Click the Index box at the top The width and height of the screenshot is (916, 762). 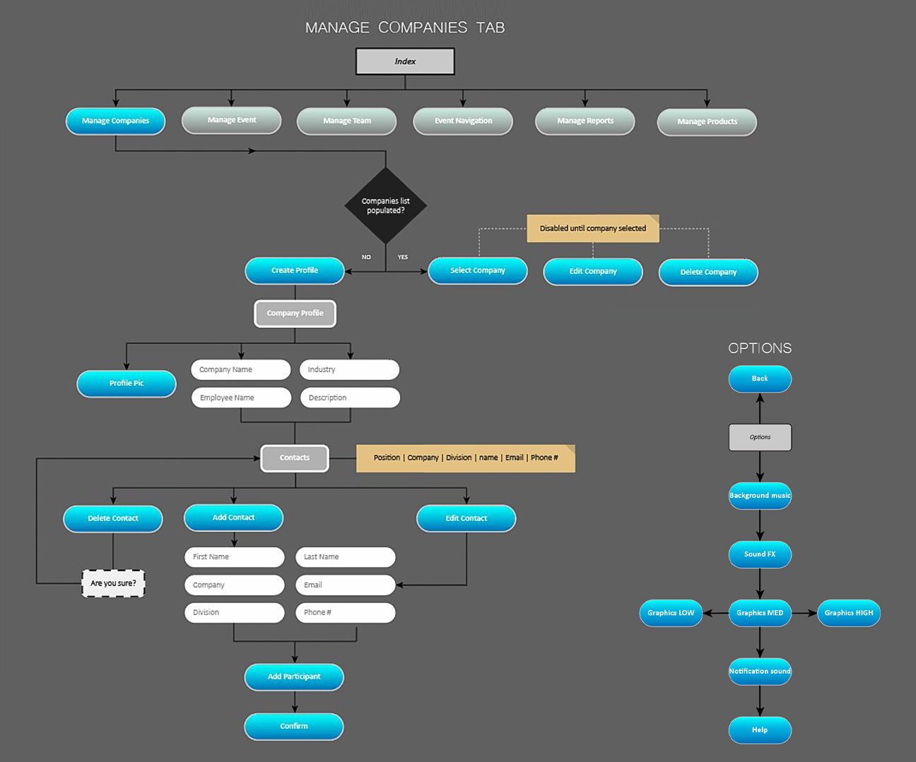click(405, 61)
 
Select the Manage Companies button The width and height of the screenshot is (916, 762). click(115, 121)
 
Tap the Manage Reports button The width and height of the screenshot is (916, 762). click(585, 121)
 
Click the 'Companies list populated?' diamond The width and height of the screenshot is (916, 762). click(386, 206)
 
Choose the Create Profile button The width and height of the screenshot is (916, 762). click(295, 270)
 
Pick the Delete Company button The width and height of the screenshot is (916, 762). click(708, 272)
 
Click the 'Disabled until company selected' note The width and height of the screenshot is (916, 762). click(593, 228)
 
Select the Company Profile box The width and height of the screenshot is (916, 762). click(295, 314)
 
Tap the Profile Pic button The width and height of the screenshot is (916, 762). click(127, 383)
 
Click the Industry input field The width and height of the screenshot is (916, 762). click(349, 369)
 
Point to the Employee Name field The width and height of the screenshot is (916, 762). click(241, 398)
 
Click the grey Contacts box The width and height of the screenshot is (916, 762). click(295, 458)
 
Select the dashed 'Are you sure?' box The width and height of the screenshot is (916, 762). click(113, 583)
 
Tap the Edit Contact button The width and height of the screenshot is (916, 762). click(466, 518)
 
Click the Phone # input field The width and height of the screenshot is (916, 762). click(345, 612)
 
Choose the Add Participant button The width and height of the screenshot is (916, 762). click(294, 677)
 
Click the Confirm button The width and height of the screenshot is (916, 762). click(294, 726)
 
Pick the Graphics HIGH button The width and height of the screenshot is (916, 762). click(849, 613)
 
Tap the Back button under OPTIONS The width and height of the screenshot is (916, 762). click(760, 379)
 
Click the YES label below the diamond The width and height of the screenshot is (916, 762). click(403, 257)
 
